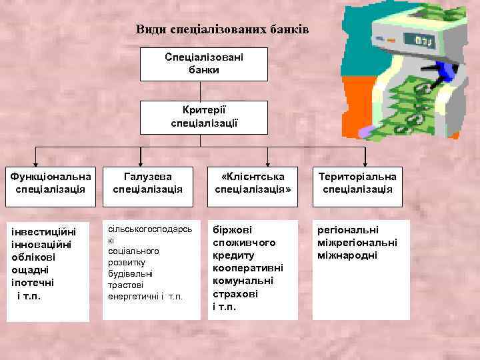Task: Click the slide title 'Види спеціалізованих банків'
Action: click(223, 29)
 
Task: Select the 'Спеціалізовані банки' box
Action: click(203, 63)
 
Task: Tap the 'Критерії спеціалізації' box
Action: click(203, 117)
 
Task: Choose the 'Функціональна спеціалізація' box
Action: click(50, 183)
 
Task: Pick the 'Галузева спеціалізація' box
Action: click(148, 183)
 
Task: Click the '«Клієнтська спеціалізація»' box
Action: click(254, 183)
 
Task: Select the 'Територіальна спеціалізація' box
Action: click(357, 183)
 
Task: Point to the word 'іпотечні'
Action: click(33, 282)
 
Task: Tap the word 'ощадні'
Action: click(31, 269)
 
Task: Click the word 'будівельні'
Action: click(131, 273)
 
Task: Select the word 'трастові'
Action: click(126, 285)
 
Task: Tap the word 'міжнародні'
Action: click(347, 255)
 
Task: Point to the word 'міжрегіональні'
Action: click(357, 243)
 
